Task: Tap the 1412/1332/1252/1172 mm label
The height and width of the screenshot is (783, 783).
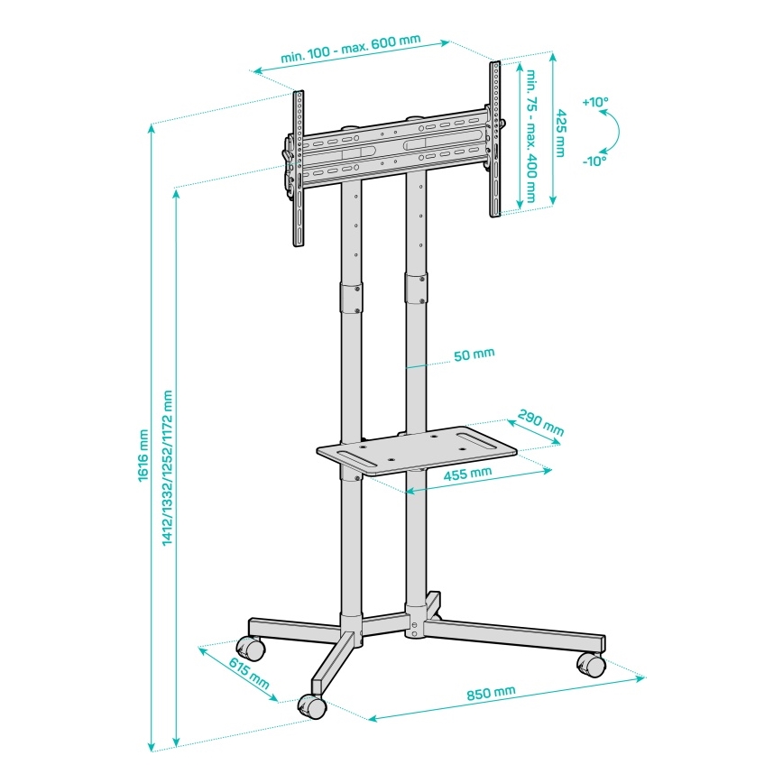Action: [x=166, y=468]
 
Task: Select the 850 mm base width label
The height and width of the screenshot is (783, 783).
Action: [x=491, y=693]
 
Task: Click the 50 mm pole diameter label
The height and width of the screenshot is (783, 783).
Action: [x=474, y=355]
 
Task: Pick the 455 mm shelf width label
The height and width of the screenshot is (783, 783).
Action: [x=468, y=472]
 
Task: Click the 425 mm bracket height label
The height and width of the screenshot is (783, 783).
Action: [x=560, y=133]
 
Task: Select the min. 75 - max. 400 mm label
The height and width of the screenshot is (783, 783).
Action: [x=531, y=135]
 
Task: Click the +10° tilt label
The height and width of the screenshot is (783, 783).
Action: [x=595, y=102]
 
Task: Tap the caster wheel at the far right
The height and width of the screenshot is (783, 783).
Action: [x=591, y=665]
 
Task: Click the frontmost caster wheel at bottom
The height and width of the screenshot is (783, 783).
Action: [x=311, y=706]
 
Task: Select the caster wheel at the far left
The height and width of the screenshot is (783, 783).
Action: [x=250, y=647]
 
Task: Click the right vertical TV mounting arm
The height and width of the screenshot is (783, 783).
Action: [x=494, y=140]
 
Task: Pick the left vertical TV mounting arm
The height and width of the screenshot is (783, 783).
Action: [x=298, y=169]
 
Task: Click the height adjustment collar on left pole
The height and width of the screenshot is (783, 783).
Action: [x=350, y=298]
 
